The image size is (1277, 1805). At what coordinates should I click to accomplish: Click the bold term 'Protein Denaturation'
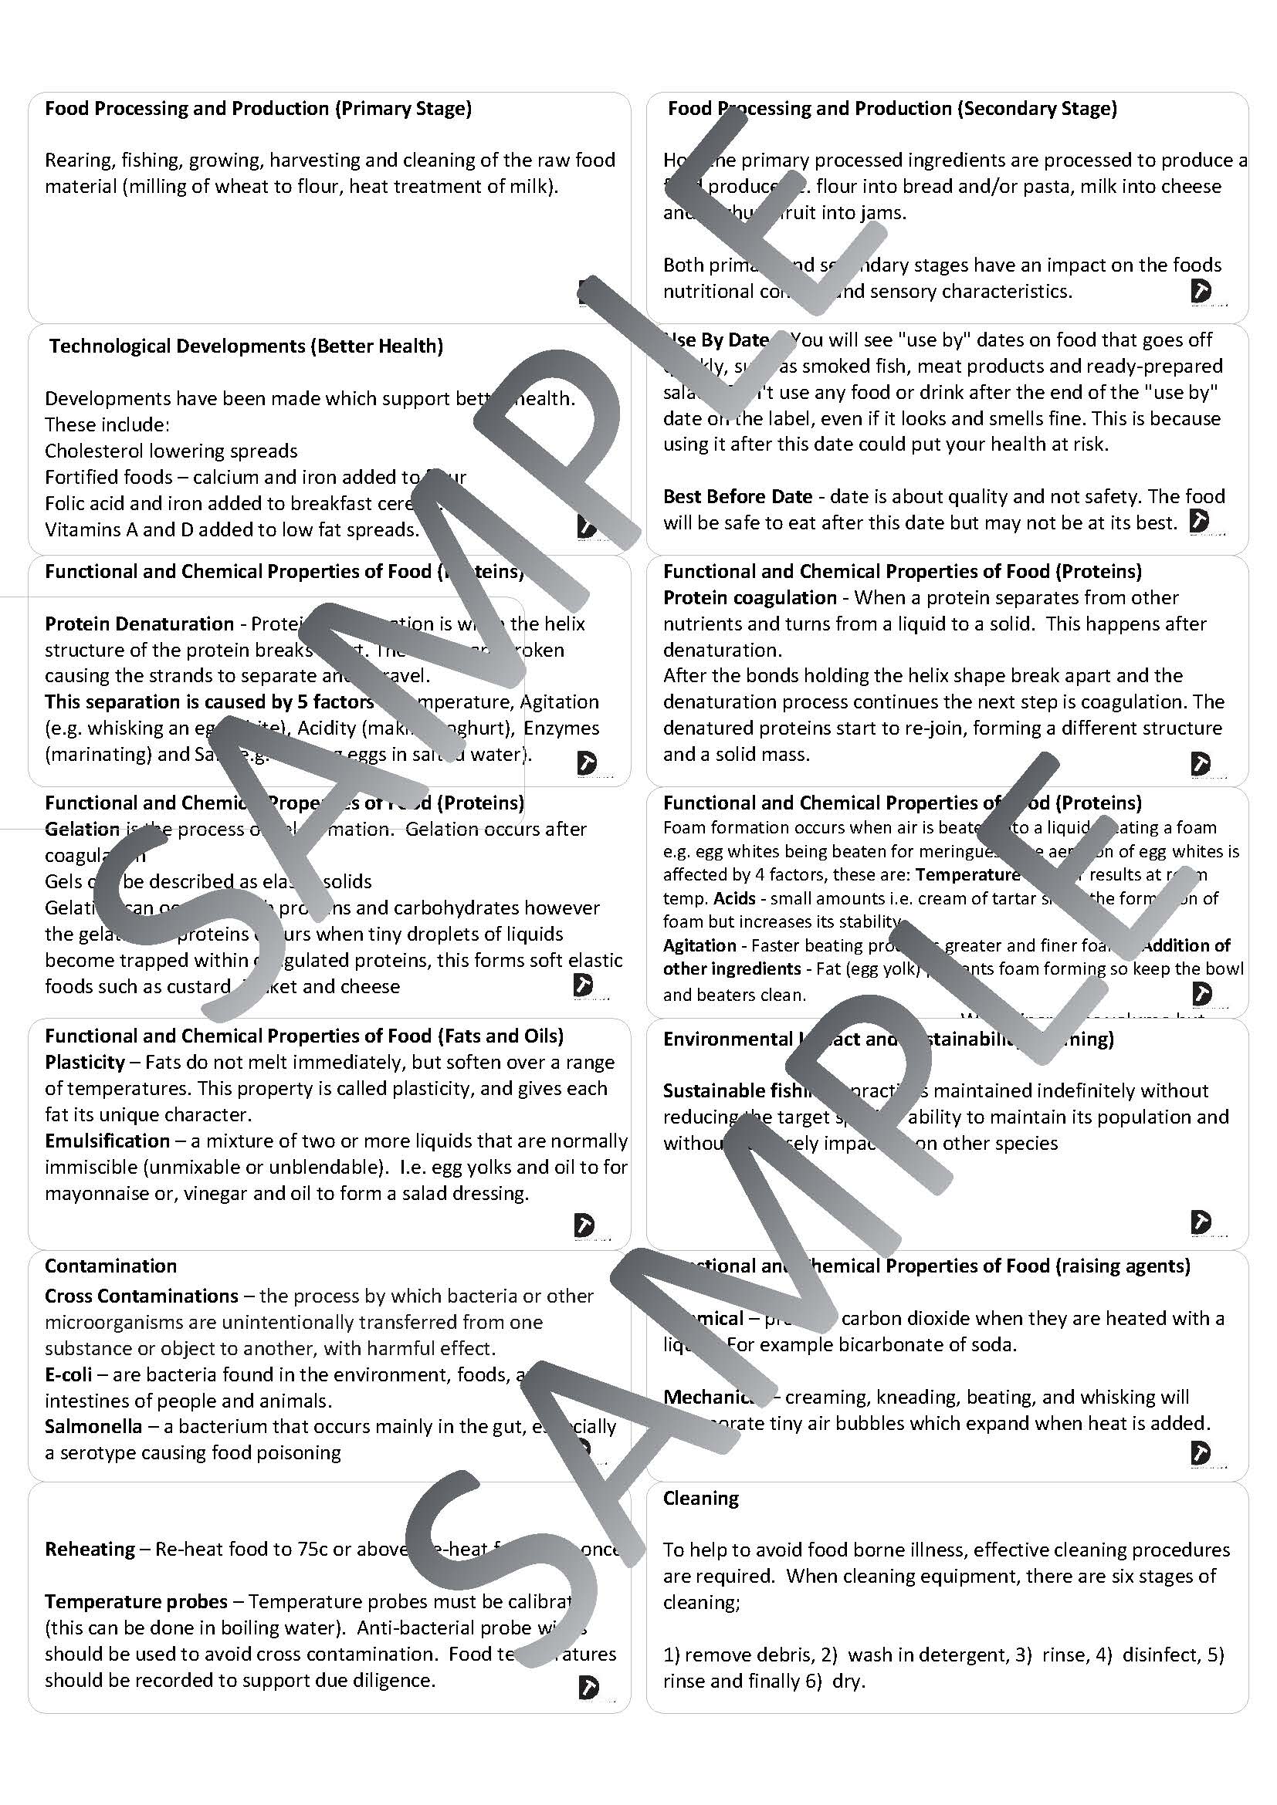139,624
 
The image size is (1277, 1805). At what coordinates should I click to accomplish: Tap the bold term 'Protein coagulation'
750,597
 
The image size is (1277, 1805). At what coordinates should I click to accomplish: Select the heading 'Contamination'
111,1266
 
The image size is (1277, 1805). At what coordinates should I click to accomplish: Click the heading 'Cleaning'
700,1498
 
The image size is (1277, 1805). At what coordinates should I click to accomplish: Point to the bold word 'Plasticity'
85,1062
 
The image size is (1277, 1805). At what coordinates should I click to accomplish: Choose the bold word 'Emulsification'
107,1141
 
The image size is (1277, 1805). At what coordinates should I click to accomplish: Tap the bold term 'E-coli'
69,1374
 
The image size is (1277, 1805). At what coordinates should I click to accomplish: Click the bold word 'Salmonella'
93,1426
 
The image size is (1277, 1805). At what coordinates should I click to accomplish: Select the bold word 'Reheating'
90,1549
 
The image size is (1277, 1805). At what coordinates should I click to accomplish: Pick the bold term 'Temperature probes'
136,1601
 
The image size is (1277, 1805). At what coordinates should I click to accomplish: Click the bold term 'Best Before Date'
737,496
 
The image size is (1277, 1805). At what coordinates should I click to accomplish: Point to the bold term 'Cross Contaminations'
141,1296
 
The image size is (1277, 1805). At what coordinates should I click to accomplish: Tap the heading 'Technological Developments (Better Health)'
246,346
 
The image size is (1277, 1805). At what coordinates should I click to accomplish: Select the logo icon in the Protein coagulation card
1201,762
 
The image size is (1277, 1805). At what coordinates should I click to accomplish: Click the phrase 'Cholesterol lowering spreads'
171,451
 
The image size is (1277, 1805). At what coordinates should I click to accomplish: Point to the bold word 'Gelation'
82,829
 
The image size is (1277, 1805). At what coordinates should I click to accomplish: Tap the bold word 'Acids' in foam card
734,897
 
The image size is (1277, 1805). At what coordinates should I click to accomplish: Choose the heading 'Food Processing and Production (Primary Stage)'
258,109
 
